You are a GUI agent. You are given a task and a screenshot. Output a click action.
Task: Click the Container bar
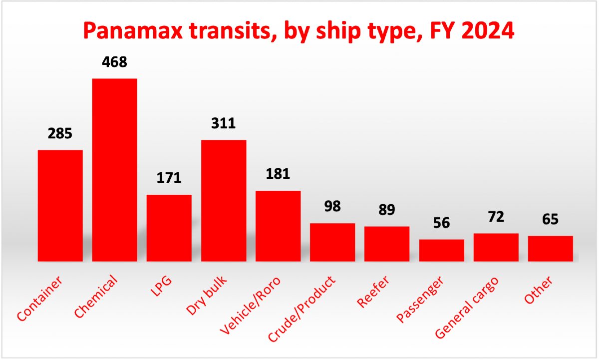pos(60,205)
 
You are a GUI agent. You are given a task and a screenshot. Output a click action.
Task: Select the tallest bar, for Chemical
pos(115,170)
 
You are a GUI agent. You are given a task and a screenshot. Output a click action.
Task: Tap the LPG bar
pos(169,228)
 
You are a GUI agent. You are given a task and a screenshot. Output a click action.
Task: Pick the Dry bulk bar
pos(224,200)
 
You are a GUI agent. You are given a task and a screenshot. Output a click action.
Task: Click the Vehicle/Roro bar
pos(278,226)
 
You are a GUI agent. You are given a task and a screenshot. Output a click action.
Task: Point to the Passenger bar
pos(442,250)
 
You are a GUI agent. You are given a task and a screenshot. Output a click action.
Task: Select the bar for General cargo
pos(496,247)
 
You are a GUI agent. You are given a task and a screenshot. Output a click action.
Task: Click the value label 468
pos(114,62)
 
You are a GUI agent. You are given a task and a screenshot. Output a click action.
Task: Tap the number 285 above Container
pos(60,134)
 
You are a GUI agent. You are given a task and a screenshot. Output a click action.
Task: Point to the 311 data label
pos(223,123)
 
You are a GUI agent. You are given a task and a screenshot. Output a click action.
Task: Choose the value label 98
pos(332,207)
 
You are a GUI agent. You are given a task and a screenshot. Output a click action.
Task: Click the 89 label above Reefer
pos(387,210)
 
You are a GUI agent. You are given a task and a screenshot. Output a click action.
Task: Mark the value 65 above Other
pos(550,219)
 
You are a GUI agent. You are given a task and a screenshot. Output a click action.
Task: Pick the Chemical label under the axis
pos(96,296)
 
